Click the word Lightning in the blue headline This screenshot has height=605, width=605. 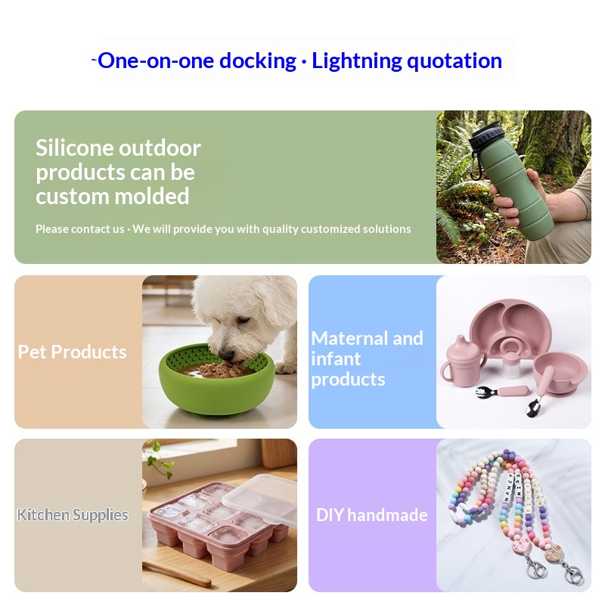click(356, 61)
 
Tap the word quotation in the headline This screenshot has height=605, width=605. click(455, 61)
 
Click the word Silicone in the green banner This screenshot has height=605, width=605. click(75, 147)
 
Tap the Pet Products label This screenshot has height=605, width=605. click(72, 352)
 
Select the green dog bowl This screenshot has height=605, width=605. click(217, 380)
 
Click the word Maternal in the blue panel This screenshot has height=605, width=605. click(349, 338)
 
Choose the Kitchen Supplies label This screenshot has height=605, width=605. click(73, 515)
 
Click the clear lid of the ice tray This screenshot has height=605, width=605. click(259, 498)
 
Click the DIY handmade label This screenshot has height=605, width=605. click(371, 515)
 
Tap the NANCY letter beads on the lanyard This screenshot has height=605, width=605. click(508, 488)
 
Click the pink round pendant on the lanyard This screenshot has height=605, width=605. click(520, 547)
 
